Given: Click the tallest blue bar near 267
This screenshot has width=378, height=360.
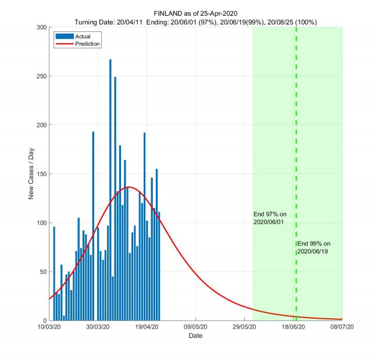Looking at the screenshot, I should click(x=110, y=174).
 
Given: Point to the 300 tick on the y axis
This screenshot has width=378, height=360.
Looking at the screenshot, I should click(x=42, y=27).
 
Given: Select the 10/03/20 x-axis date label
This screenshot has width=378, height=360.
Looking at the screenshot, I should click(x=49, y=327).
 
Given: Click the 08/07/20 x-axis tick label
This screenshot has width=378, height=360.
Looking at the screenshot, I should click(x=342, y=327).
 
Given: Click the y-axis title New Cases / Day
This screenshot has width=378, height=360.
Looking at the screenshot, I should click(x=31, y=174).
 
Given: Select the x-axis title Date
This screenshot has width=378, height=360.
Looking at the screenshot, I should click(x=196, y=336).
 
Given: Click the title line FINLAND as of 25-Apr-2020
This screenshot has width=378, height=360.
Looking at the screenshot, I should click(x=195, y=13).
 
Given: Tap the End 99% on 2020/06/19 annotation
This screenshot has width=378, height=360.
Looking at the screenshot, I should click(x=314, y=247).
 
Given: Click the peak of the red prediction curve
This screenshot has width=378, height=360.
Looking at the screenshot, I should click(x=129, y=187).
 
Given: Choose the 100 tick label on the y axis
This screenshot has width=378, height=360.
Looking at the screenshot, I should click(x=42, y=223).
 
